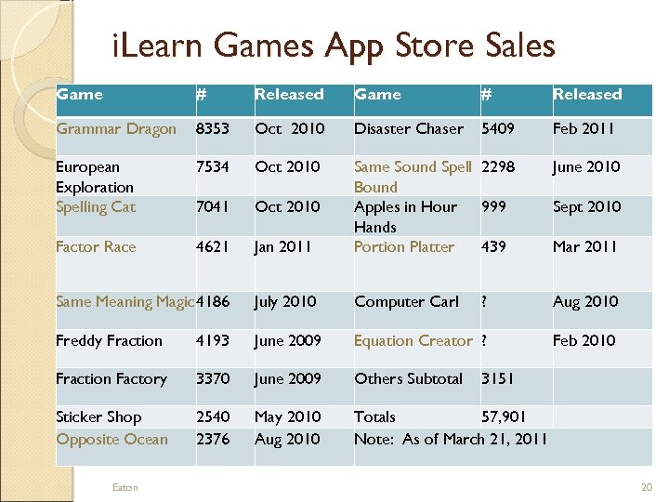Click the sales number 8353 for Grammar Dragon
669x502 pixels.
coord(213,129)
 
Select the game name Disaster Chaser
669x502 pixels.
coord(408,129)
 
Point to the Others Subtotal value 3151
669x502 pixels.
coord(498,379)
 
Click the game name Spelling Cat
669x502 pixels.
coord(96,207)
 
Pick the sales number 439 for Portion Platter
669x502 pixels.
coord(493,247)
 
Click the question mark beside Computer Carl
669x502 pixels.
coord(484,302)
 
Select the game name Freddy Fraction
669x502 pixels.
coord(109,341)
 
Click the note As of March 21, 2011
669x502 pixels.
coord(451,439)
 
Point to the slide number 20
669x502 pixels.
coord(647,488)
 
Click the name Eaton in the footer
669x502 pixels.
coord(125,488)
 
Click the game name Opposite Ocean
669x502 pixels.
coord(111,439)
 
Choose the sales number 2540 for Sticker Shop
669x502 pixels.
coord(213,417)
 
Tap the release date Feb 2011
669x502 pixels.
coord(584,129)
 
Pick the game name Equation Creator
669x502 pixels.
coord(413,341)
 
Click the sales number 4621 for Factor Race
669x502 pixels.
coord(213,247)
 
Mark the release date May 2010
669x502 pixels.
coord(287,417)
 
